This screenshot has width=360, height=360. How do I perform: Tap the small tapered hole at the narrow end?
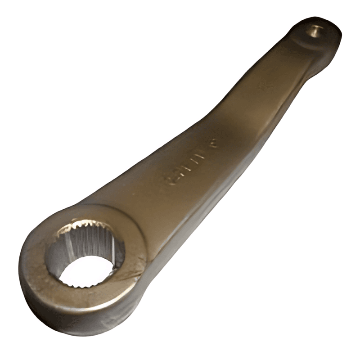click(314, 31)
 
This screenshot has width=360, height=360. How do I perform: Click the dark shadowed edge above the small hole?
click(310, 20)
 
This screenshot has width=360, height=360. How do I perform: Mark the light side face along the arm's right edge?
click(252, 148)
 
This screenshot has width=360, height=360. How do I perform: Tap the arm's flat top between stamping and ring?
click(144, 198)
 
